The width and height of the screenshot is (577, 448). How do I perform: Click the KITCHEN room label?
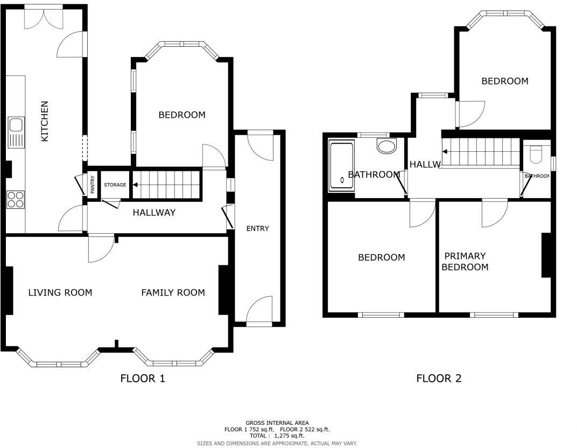[45, 121]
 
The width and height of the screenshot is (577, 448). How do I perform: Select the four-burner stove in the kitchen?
[16, 200]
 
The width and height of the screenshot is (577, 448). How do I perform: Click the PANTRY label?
[93, 185]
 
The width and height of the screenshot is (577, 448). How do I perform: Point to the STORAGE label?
[115, 185]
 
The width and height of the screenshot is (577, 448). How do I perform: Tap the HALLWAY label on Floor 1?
[154, 213]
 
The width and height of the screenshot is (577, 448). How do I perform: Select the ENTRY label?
[257, 228]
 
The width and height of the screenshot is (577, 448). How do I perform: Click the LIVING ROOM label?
[60, 292]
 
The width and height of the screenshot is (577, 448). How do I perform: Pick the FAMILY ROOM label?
[173, 292]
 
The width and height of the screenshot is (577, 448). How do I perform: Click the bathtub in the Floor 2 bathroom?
[341, 166]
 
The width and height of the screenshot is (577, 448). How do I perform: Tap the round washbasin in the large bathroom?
[386, 146]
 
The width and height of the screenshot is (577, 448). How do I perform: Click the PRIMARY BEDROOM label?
[465, 262]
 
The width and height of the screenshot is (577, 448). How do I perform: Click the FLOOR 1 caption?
[142, 379]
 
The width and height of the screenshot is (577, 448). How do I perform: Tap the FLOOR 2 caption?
[439, 379]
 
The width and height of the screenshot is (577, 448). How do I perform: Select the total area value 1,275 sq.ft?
[289, 436]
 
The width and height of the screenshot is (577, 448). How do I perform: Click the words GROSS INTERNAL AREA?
[277, 423]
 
